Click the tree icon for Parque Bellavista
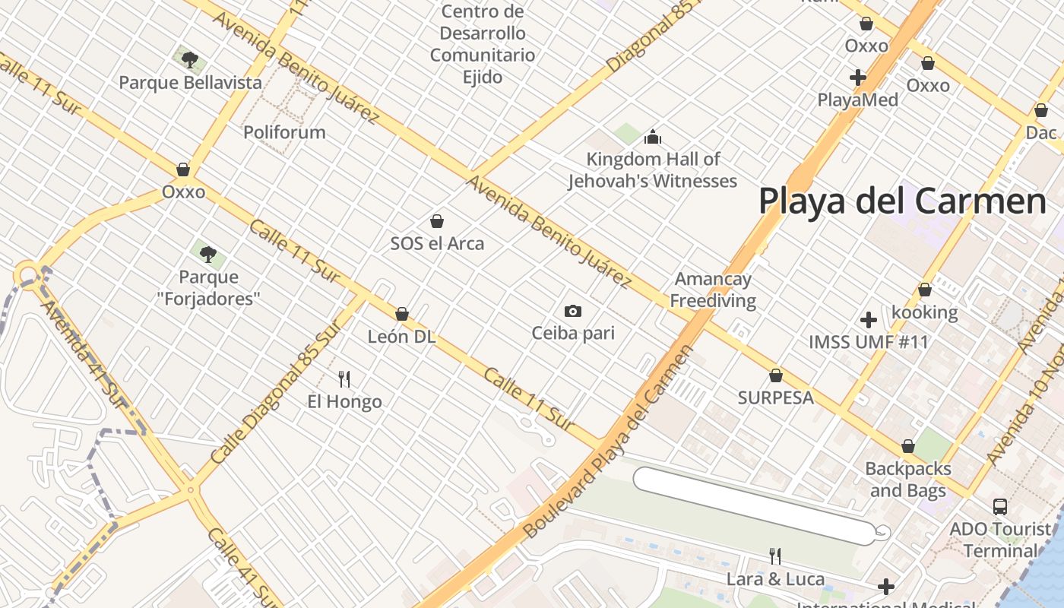(190, 59)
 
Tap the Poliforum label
(284, 132)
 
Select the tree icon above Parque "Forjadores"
(208, 254)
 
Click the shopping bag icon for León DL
(402, 314)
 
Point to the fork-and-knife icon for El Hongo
(344, 378)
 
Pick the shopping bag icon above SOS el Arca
(437, 221)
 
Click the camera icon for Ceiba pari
(573, 311)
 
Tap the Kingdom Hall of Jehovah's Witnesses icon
(652, 138)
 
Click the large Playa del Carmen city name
(903, 202)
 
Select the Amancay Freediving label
(713, 290)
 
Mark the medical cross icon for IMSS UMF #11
(869, 320)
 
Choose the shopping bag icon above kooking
(925, 290)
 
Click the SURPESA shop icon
(776, 375)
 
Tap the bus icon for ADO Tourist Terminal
(1000, 506)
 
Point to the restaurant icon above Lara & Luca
(775, 556)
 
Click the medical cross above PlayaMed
(858, 78)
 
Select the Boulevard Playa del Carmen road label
(609, 442)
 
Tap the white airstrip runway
(752, 505)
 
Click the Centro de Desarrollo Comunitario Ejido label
(483, 44)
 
